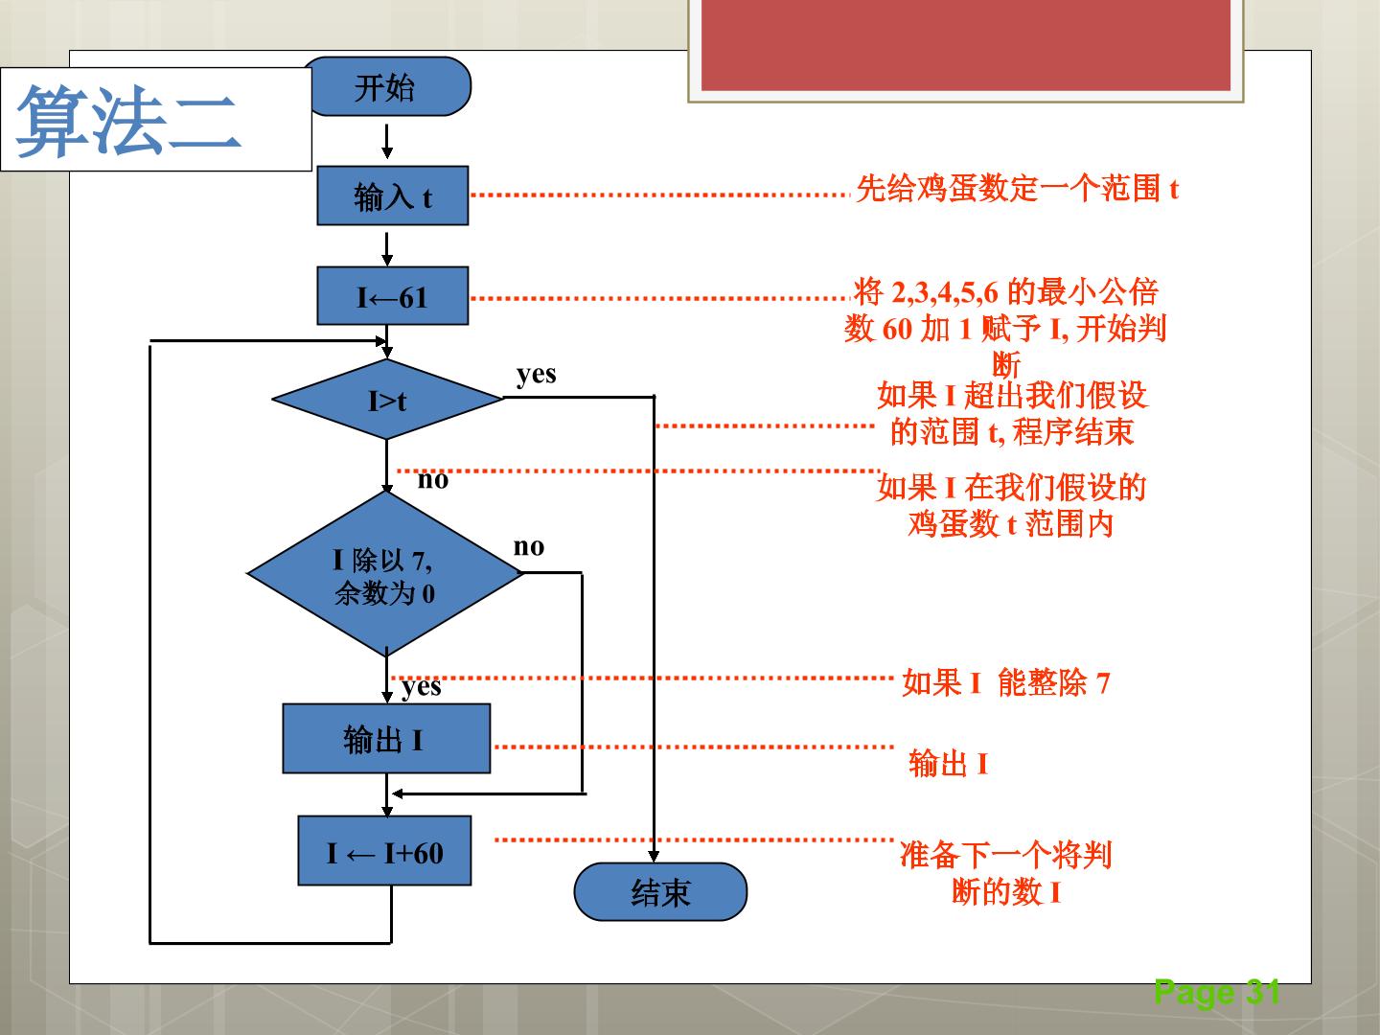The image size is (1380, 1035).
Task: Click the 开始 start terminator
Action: [387, 86]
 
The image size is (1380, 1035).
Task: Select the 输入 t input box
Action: [392, 195]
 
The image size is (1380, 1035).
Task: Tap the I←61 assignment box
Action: [392, 296]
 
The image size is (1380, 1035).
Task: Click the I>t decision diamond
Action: [387, 399]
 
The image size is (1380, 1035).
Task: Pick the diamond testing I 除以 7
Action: [384, 573]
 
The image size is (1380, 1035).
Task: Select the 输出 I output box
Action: [386, 738]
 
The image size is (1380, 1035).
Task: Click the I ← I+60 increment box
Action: [384, 851]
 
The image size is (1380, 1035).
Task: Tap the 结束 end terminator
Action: [660, 891]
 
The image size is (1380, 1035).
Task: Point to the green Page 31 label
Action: [1217, 993]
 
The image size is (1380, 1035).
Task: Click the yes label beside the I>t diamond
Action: [537, 375]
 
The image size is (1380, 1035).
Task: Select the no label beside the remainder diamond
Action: [529, 546]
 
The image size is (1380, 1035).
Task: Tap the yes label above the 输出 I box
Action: [422, 687]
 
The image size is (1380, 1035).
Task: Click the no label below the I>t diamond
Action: [433, 480]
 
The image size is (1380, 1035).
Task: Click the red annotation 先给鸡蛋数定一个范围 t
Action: [1017, 189]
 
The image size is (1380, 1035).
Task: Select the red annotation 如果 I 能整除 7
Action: [1006, 683]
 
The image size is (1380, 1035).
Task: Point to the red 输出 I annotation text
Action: [949, 764]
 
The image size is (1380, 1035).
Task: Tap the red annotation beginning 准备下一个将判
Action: [1006, 873]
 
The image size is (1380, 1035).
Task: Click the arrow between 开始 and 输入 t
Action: [387, 142]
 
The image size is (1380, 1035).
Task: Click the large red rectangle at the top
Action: [966, 45]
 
